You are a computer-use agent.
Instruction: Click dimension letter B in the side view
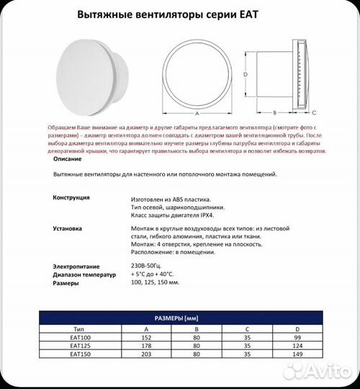[274, 113]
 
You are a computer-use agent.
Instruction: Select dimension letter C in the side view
[314, 113]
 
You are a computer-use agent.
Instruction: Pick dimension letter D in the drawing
[245, 73]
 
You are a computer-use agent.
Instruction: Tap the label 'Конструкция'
[71, 197]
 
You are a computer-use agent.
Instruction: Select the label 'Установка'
[68, 228]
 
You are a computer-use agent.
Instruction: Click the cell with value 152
[147, 336]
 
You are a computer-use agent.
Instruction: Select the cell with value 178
[147, 345]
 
